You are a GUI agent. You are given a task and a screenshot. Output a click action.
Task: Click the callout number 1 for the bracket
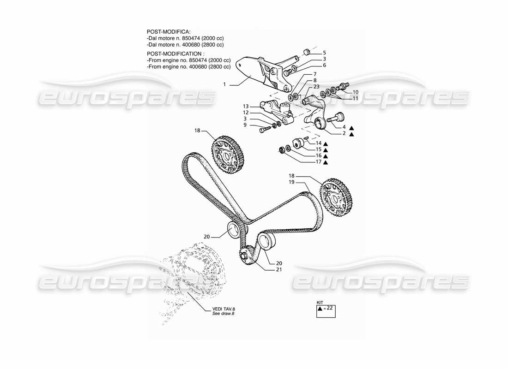[225, 84]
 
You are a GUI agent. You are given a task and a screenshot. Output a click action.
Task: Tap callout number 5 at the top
[324, 53]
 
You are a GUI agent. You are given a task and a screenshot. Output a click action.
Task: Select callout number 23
[316, 86]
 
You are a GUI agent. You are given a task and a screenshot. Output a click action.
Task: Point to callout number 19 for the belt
[291, 182]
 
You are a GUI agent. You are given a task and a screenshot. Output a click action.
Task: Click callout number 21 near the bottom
[278, 269]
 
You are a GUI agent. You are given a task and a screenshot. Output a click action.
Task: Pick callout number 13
[246, 106]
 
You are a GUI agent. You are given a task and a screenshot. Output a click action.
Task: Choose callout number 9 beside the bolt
[246, 125]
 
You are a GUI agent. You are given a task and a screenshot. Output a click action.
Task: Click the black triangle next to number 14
[326, 143]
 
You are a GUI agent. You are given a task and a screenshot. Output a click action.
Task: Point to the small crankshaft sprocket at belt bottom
[245, 256]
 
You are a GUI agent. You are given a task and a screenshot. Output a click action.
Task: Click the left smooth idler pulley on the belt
[235, 229]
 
